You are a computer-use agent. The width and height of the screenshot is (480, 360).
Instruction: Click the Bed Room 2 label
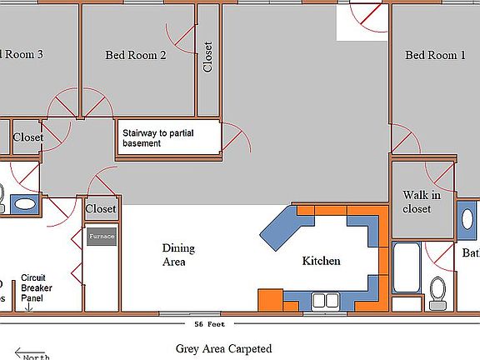pyautogui.click(x=136, y=56)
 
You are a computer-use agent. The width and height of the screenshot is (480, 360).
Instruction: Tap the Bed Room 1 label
pyautogui.click(x=435, y=56)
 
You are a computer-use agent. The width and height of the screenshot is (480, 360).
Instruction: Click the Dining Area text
pyautogui.click(x=178, y=255)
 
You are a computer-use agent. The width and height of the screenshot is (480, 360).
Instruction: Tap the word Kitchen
pyautogui.click(x=321, y=261)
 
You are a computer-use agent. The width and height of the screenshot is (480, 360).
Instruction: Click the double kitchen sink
pyautogui.click(x=324, y=300)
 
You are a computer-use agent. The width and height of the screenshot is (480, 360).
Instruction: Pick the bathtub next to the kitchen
pyautogui.click(x=407, y=275)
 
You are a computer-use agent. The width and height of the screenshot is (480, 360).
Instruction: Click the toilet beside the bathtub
pyautogui.click(x=437, y=292)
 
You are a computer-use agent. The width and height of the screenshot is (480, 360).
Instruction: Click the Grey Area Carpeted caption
pyautogui.click(x=223, y=349)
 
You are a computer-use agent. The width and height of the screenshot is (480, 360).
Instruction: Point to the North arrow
pyautogui.click(x=32, y=355)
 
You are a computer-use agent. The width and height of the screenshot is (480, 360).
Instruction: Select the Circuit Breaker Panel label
pyautogui.click(x=37, y=288)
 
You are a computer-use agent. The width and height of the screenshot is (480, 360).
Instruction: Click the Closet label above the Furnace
pyautogui.click(x=101, y=209)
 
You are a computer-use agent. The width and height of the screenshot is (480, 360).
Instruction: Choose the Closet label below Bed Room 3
pyautogui.click(x=27, y=137)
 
